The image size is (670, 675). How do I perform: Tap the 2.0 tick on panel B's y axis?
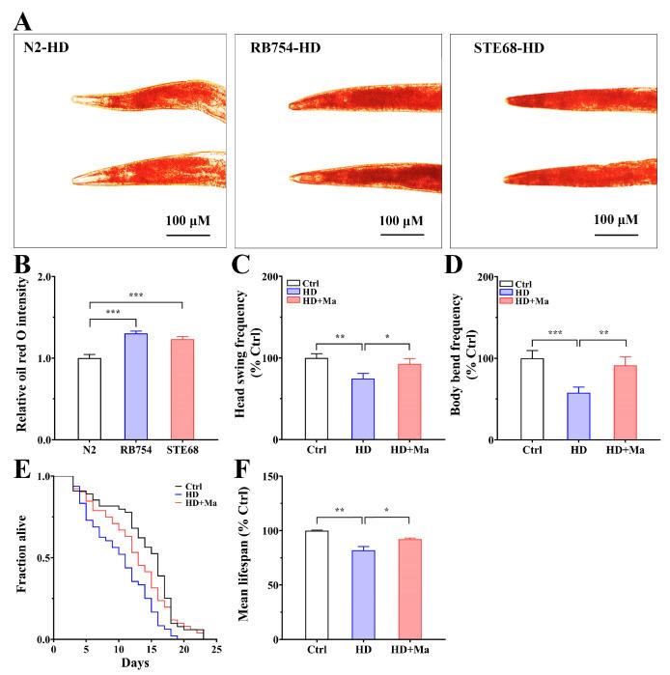43,276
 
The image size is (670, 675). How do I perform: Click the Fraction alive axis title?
18,557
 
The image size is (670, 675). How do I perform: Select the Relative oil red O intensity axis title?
18,358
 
